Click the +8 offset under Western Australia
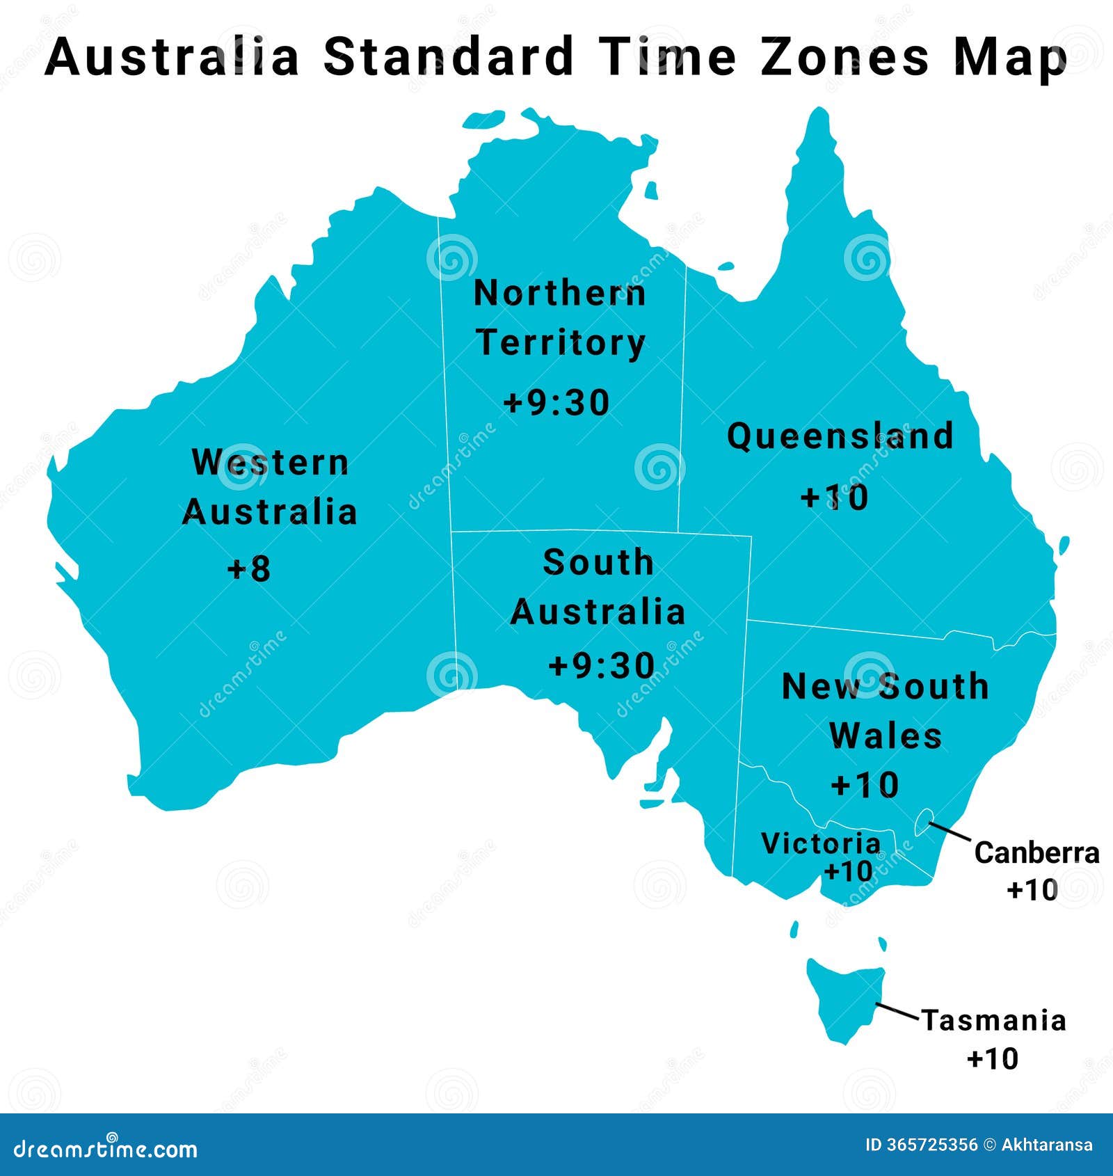pos(249,569)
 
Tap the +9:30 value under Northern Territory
pos(556,403)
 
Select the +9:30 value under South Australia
pos(602,665)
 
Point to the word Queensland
pos(840,437)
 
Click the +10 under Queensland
pos(835,498)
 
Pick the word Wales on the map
pos(886,736)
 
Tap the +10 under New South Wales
pos(865,785)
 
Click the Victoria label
pos(821,843)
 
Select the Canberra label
pos(1036,853)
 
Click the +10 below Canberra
pos(1032,889)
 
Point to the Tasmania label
pos(994,1021)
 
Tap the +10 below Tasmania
pos(993,1058)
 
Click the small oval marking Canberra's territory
pos(923,822)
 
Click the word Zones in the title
pos(844,57)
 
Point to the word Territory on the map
pos(561,344)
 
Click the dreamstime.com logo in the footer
pos(106,1148)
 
